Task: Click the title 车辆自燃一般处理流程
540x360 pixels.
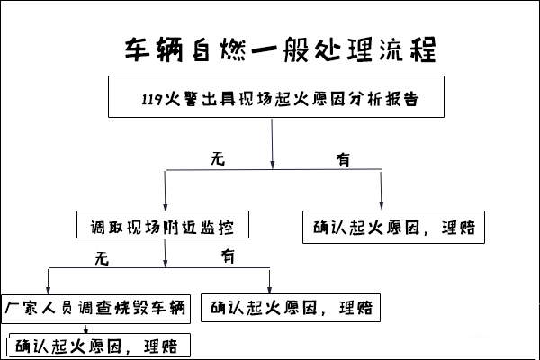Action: click(x=280, y=50)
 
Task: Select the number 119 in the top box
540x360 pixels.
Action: click(x=152, y=99)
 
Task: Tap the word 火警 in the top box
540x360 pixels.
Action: click(x=182, y=99)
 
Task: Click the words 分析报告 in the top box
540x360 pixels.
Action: click(x=383, y=99)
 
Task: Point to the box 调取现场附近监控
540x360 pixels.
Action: click(x=163, y=225)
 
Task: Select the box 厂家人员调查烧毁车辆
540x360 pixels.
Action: click(x=95, y=309)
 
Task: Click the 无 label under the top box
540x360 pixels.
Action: click(x=218, y=159)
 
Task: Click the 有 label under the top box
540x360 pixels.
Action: click(x=343, y=160)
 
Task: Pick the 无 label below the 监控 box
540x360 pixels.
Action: click(x=102, y=258)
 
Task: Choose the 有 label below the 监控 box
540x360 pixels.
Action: click(x=228, y=256)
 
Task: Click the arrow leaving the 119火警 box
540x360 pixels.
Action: click(x=272, y=144)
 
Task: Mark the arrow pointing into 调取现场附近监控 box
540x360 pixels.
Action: click(x=166, y=191)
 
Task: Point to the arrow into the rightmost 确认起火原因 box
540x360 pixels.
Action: click(x=381, y=190)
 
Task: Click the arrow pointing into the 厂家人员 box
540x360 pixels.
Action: click(x=49, y=281)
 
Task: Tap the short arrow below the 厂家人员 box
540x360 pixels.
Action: click(x=85, y=328)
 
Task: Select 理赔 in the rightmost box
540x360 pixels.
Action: click(x=459, y=228)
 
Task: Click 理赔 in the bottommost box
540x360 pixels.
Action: click(x=161, y=346)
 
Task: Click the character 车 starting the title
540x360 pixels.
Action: click(x=137, y=50)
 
